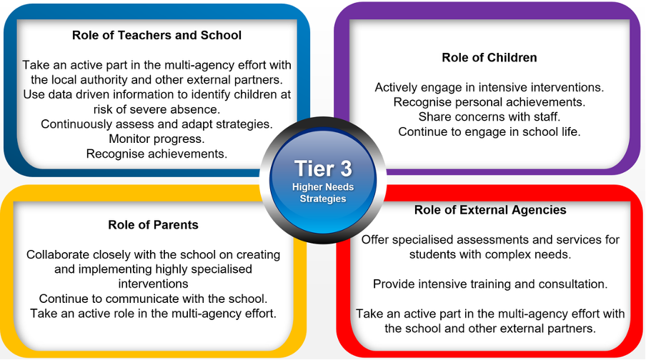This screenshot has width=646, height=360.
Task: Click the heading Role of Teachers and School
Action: (156, 35)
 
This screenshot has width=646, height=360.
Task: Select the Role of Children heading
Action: (490, 57)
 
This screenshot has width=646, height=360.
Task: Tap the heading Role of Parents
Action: (153, 224)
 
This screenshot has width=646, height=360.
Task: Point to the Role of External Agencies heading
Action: (490, 210)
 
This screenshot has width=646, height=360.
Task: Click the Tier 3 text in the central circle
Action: (323, 169)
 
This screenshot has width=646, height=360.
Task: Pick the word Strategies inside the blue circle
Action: (323, 199)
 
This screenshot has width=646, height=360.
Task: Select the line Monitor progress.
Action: (156, 139)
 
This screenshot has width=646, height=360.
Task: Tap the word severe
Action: (148, 109)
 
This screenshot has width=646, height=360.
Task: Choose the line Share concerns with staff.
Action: (490, 116)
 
